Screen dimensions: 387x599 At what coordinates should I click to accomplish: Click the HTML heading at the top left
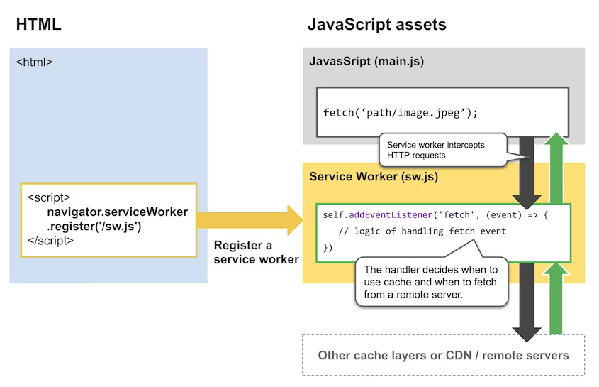pyautogui.click(x=38, y=24)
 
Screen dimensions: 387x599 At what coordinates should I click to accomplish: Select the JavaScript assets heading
pyautogui.click(x=376, y=24)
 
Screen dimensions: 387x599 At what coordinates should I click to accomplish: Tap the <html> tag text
pyautogui.click(x=34, y=62)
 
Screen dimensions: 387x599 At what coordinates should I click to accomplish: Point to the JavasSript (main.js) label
pyautogui.click(x=366, y=62)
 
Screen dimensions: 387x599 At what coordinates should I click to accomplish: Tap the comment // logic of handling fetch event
pyautogui.click(x=422, y=231)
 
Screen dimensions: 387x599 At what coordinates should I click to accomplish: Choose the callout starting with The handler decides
pyautogui.click(x=431, y=281)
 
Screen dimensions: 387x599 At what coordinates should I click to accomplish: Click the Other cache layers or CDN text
pyautogui.click(x=443, y=355)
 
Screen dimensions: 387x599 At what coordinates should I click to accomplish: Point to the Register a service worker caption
pyautogui.click(x=256, y=252)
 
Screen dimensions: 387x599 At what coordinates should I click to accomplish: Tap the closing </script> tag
pyautogui.click(x=50, y=240)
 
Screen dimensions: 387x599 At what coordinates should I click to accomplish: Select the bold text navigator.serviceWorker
pyautogui.click(x=118, y=212)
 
